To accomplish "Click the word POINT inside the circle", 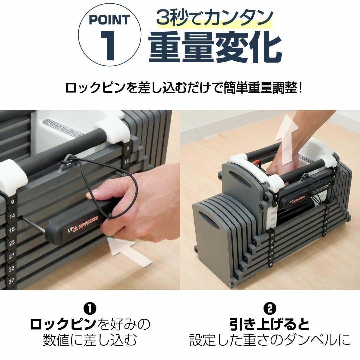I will tap(109, 20).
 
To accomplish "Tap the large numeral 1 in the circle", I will tap(109, 45).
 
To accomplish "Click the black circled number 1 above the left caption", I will tap(90, 308).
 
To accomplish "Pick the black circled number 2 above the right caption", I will tap(270, 308).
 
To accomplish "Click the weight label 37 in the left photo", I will tap(12, 281).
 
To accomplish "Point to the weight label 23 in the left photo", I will tap(12, 243).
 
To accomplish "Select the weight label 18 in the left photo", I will tap(12, 230).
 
